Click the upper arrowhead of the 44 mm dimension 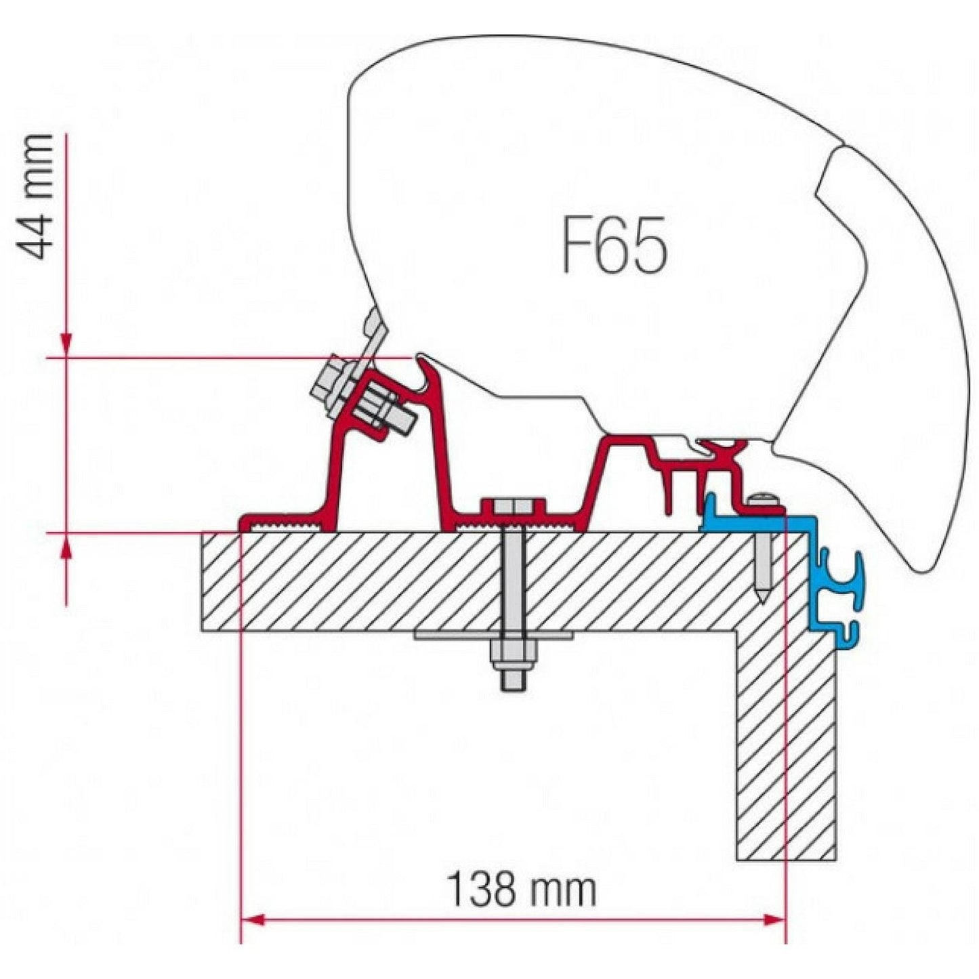pos(66,346)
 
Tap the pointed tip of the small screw pos(763,599)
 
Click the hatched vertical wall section pos(786,745)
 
